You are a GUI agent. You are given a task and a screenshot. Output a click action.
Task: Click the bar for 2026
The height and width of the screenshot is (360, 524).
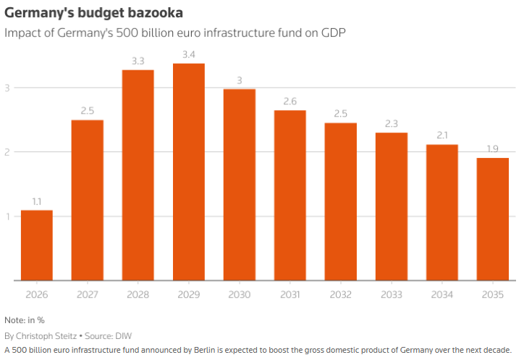37,245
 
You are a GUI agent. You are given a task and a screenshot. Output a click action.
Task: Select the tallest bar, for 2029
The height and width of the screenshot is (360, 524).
189,172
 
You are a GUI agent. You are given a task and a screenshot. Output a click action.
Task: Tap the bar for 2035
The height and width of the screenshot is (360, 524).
493,219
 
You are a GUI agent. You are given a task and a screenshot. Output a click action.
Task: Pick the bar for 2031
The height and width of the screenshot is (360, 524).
290,195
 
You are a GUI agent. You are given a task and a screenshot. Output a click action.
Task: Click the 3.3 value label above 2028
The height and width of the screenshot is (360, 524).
138,61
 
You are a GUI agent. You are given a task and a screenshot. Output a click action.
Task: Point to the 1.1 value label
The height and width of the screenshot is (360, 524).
37,201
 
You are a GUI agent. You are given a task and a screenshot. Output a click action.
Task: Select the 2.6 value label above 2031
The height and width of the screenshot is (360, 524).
290,101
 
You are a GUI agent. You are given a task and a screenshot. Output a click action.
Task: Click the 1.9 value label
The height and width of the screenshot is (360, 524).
493,149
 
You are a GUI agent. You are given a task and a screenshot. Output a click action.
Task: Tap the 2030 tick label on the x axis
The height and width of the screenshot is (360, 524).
240,295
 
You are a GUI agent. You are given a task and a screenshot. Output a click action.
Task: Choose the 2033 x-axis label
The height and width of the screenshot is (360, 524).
392,295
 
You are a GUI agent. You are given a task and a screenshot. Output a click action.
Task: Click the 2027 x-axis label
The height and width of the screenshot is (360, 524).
88,295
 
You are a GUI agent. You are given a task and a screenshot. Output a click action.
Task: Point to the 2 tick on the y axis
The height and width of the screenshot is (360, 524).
7,152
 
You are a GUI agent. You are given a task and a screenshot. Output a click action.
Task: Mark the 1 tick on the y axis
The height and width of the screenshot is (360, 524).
7,217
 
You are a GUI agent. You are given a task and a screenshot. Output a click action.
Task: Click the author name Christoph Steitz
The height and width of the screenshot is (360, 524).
45,336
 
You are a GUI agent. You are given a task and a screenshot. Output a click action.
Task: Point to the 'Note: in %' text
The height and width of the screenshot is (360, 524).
24,320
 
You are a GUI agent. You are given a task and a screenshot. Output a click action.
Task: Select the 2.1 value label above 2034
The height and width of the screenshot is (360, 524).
442,136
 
